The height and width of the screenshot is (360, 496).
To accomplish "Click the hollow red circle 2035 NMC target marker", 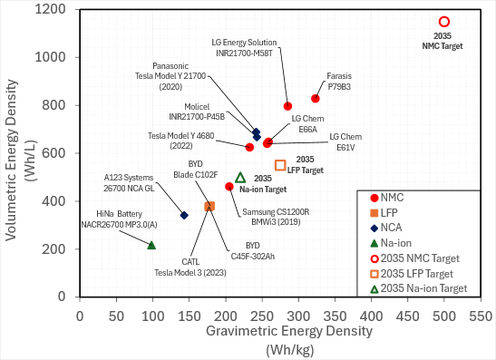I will click(x=444, y=22).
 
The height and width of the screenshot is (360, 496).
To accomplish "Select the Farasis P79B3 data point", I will click(x=316, y=99).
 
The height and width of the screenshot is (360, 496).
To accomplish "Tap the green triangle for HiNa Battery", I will click(x=151, y=245).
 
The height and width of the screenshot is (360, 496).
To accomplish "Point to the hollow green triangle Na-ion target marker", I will click(x=240, y=178).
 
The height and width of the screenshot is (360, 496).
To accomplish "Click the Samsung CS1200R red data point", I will click(x=229, y=187).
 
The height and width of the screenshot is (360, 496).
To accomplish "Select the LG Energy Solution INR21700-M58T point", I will click(x=287, y=106).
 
